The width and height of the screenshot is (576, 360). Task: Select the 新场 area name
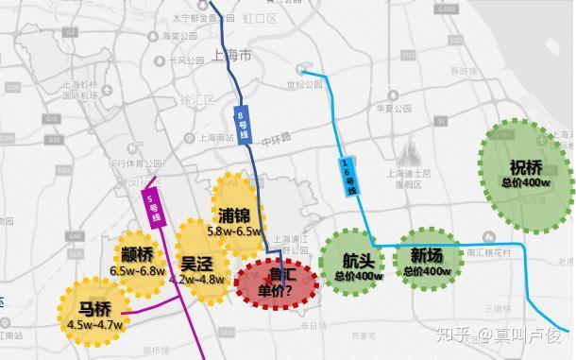coord(426,255)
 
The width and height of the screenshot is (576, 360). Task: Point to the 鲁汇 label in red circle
coord(282,275)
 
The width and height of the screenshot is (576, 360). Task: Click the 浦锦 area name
coord(232,214)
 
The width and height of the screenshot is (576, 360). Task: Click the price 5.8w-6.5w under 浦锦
coord(235,231)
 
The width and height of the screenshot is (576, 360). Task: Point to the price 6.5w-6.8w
coord(137,269)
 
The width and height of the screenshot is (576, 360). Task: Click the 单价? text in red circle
coord(280,291)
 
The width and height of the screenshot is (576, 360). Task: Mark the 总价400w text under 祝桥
coord(525,182)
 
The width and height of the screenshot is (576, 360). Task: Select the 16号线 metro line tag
coord(348,176)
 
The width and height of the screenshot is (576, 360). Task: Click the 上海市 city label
coord(232,56)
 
